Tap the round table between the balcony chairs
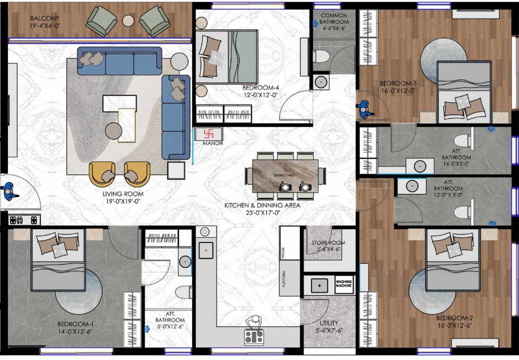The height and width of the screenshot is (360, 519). [x=127, y=20]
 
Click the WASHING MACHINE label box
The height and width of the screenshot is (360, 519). [x=343, y=285]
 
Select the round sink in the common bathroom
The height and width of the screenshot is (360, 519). [x=320, y=81]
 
